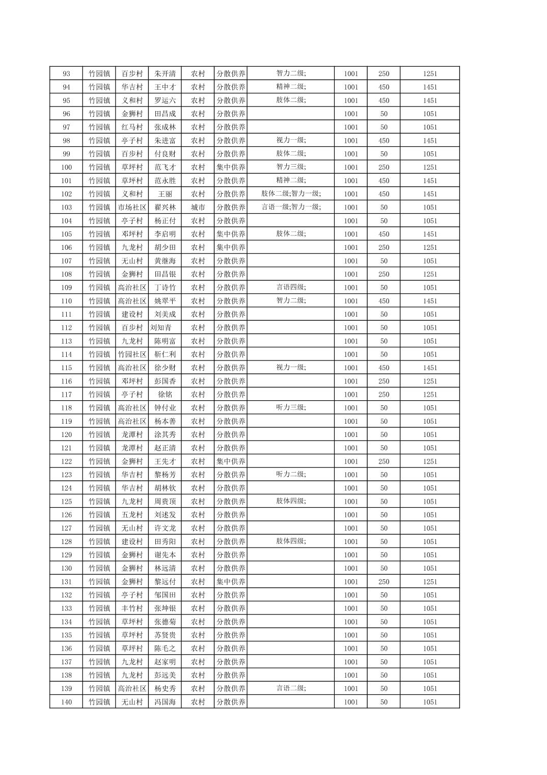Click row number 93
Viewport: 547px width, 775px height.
[x=66, y=74]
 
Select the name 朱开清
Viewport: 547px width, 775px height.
[x=165, y=74]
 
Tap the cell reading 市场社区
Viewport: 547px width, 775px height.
[x=132, y=208]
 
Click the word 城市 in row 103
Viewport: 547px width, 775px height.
[x=198, y=208]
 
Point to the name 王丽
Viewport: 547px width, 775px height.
[x=165, y=194]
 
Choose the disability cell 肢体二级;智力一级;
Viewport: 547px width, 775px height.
[x=291, y=194]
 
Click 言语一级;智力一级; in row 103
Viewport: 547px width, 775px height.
[x=291, y=207]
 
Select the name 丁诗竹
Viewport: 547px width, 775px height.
[x=165, y=288]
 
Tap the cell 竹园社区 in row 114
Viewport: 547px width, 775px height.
[x=132, y=354]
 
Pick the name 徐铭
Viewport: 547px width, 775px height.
[x=165, y=395]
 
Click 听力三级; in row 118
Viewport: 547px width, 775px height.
[x=291, y=407]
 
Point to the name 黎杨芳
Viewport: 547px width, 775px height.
[x=165, y=475]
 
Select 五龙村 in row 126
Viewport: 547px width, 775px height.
[x=132, y=515]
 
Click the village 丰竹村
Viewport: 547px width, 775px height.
[x=132, y=608]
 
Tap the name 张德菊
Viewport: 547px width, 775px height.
[x=165, y=622]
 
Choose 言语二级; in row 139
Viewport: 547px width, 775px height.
[x=291, y=688]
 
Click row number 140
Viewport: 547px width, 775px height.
[x=66, y=702]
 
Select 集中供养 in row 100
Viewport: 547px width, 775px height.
[x=231, y=167]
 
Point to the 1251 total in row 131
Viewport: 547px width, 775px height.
[x=430, y=582]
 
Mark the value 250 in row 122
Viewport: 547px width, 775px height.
[x=384, y=461]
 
